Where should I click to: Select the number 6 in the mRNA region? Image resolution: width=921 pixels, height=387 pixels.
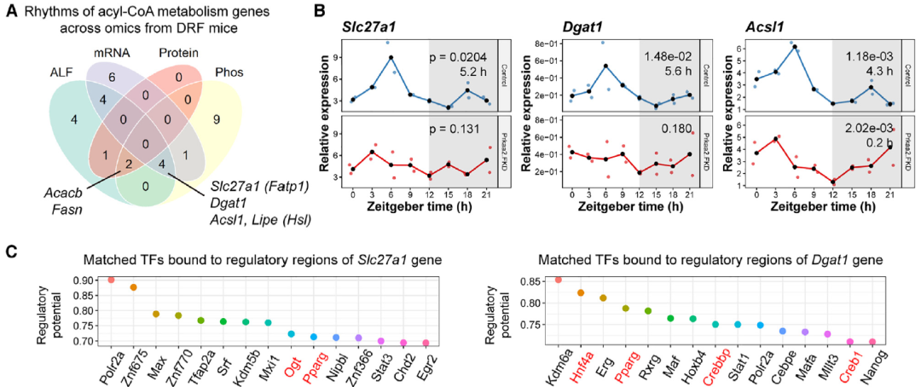tap(101, 76)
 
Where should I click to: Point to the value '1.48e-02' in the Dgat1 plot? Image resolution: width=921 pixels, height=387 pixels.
tap(663, 56)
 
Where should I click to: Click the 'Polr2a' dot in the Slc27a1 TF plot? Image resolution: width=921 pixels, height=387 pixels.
tap(111, 280)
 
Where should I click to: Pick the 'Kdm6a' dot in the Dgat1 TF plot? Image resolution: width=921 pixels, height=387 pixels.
tap(558, 280)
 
